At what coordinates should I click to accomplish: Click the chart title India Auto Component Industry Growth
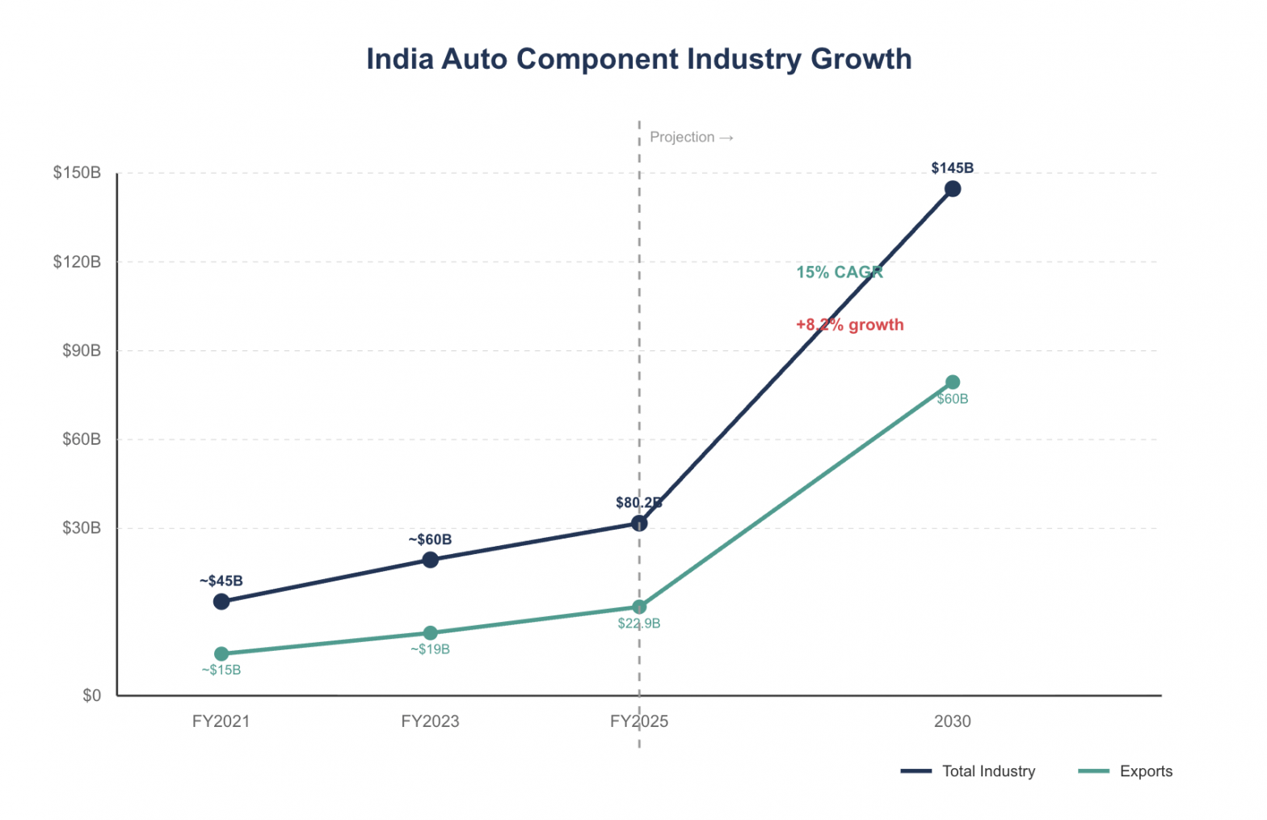638,59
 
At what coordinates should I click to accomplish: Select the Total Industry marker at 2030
953,189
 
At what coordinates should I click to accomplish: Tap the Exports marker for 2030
953,383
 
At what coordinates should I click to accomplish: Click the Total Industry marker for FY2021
221,602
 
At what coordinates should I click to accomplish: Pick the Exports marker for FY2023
431,633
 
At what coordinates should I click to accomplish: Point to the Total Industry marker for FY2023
431,560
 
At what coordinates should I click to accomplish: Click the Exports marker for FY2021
221,654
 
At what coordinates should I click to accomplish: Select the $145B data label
952,168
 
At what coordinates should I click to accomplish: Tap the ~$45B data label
221,581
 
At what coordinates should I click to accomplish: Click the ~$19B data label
430,649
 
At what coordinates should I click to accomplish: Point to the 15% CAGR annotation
840,273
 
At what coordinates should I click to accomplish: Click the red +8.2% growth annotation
849,325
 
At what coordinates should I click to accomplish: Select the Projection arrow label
692,137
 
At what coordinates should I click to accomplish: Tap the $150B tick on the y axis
78,173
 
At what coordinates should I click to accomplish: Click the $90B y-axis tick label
82,351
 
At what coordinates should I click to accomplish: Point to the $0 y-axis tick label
92,695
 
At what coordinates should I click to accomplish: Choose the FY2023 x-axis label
430,721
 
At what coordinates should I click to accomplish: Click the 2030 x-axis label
953,721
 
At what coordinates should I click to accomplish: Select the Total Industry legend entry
968,771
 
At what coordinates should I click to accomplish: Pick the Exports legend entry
1126,771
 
